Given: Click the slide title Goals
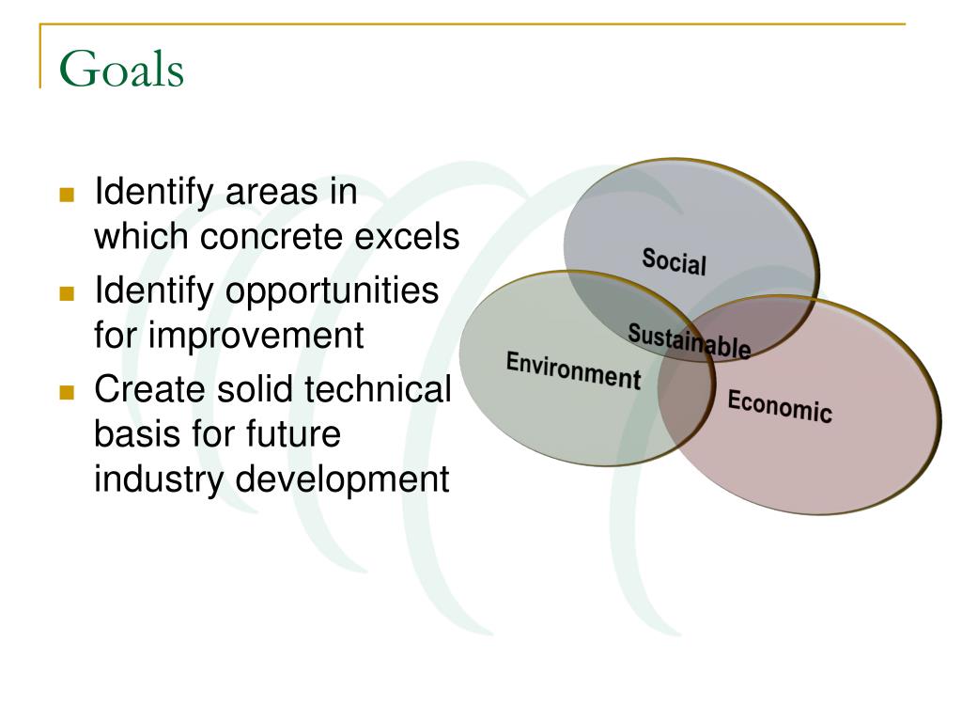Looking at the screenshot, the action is [121, 70].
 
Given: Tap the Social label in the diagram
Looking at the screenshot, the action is [675, 262].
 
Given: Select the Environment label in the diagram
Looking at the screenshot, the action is [574, 370].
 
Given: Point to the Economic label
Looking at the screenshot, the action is [780, 406].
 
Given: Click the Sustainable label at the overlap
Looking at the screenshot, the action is [689, 340].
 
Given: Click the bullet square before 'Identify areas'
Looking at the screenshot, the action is [67, 195].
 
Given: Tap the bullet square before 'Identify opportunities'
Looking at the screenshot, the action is [67, 293].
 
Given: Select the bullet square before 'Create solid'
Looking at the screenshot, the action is [67, 392].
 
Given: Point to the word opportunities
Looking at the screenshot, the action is [332, 292].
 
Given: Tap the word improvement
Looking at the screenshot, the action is [256, 337].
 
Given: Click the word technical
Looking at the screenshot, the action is [378, 389].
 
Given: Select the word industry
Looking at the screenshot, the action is [159, 480].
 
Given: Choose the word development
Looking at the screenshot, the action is [342, 480].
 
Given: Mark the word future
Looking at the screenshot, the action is [293, 434].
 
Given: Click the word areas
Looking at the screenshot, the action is [272, 194].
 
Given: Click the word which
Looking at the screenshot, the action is [141, 236].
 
